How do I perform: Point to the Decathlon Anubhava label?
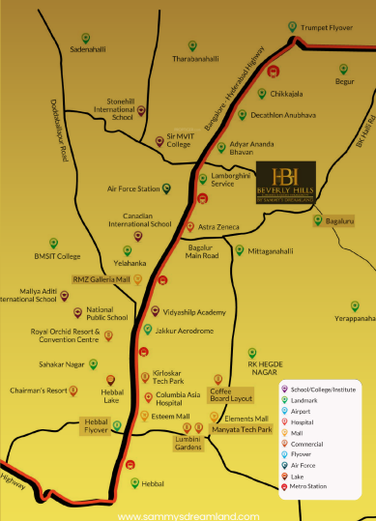click(282, 114)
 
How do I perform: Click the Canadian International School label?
click(140, 218)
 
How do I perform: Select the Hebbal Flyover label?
click(96, 399)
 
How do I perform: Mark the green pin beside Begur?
click(342, 69)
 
